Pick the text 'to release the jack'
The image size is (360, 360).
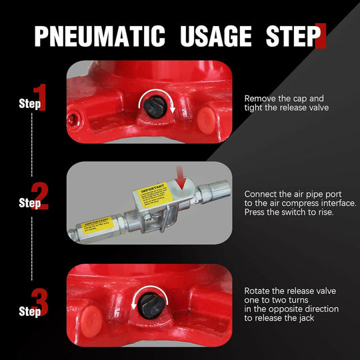tap(283, 319)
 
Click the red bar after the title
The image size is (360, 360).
tap(323, 36)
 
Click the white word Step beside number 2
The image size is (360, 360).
tap(25, 202)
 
